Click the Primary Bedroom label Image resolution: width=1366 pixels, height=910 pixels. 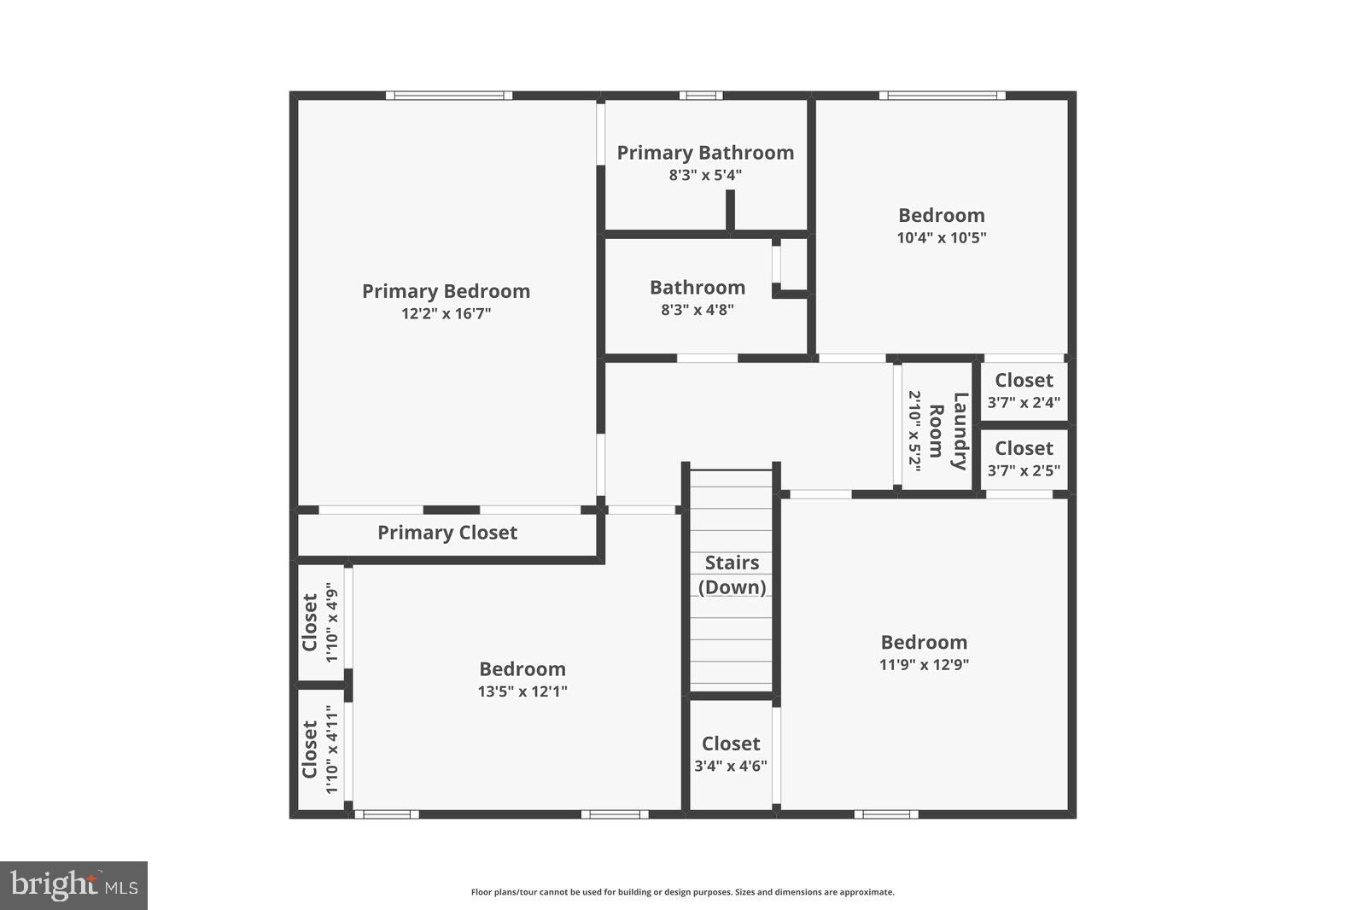tap(446, 291)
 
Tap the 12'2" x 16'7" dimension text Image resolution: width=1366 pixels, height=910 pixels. tap(446, 313)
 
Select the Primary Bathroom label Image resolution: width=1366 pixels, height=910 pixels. tap(705, 153)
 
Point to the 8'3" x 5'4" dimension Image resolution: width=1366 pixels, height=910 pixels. tap(705, 175)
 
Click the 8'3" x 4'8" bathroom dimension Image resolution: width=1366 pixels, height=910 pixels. tap(697, 310)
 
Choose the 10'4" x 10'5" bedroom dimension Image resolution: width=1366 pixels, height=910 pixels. tap(941, 237)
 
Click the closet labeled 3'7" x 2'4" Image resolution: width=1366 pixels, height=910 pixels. tap(1024, 391)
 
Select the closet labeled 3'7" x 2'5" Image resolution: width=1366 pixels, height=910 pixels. tap(1024, 458)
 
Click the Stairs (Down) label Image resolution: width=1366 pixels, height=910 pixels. tap(732, 575)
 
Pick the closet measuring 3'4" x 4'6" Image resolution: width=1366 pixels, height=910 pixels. tap(731, 755)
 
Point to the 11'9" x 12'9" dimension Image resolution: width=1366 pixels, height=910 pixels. tap(924, 664)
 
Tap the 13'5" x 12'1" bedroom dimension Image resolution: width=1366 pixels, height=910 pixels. tap(522, 691)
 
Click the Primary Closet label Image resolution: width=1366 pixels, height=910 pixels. tap(447, 533)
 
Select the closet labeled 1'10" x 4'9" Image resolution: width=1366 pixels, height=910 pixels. tap(319, 621)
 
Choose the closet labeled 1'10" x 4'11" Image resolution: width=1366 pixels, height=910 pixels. tap(319, 749)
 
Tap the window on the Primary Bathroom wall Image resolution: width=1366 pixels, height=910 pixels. tap(701, 96)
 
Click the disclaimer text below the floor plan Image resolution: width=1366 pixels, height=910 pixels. tap(682, 892)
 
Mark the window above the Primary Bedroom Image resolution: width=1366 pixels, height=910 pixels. tap(448, 96)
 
